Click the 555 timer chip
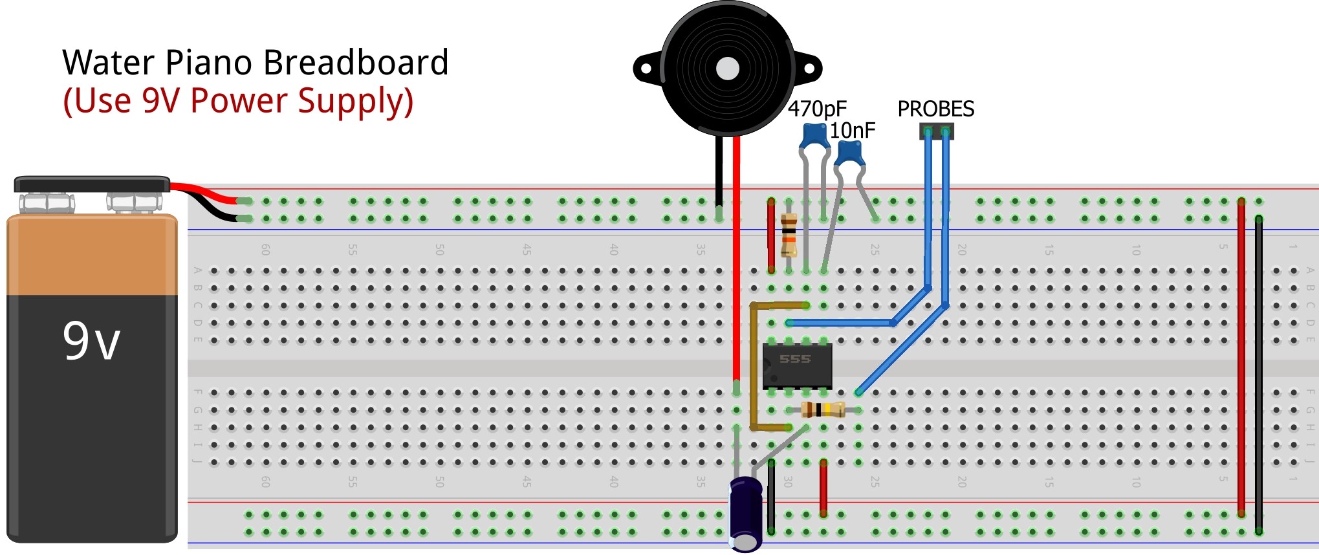(x=796, y=365)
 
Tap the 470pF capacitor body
(x=815, y=135)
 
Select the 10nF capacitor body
(x=849, y=154)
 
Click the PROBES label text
(x=935, y=109)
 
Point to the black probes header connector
(x=937, y=131)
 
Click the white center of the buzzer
(x=728, y=69)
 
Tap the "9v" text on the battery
(x=91, y=341)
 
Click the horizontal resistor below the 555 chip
(x=823, y=409)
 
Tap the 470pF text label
(x=817, y=109)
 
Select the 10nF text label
(x=852, y=131)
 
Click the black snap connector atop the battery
(x=92, y=184)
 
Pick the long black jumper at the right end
(x=1259, y=375)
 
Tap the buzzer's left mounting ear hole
(x=646, y=68)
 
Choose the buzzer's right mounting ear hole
(x=811, y=68)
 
